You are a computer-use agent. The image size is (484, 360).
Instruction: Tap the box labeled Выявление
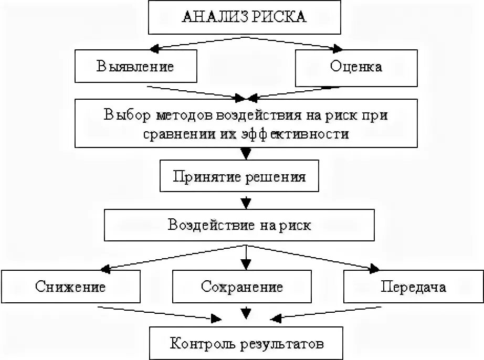tap(135, 67)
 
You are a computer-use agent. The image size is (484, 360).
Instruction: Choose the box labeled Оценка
tap(356, 67)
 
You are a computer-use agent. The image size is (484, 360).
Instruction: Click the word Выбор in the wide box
tap(125, 115)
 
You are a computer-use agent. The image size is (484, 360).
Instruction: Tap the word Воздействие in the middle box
tap(208, 225)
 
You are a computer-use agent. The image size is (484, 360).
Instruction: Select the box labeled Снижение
tap(70, 287)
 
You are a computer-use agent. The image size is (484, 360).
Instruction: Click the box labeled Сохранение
tap(242, 287)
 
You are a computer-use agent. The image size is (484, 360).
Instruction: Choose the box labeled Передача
tap(414, 287)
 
